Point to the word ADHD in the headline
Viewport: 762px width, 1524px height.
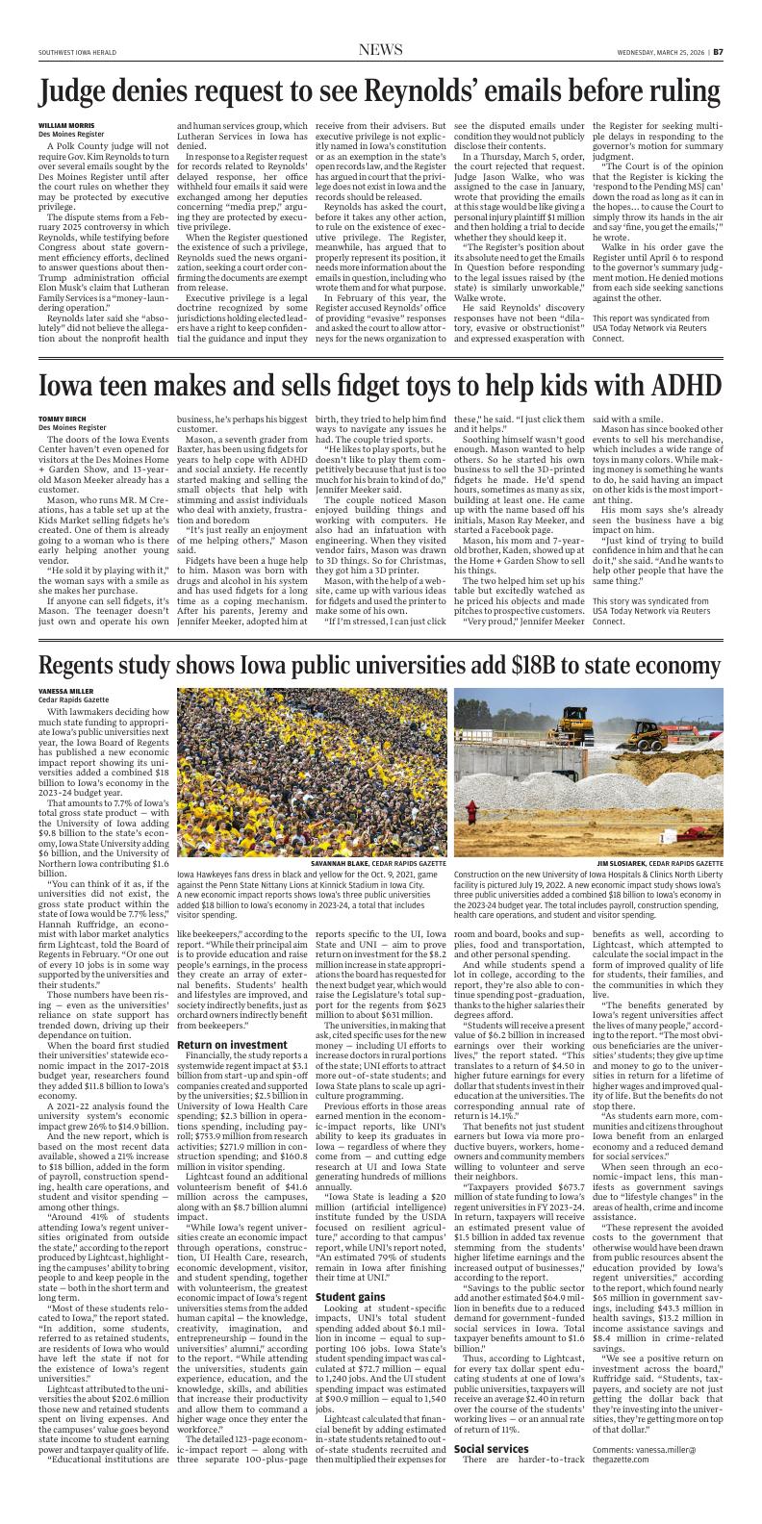pyautogui.click(x=681, y=385)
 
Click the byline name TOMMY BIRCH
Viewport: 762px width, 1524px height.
pyautogui.click(x=60, y=419)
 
